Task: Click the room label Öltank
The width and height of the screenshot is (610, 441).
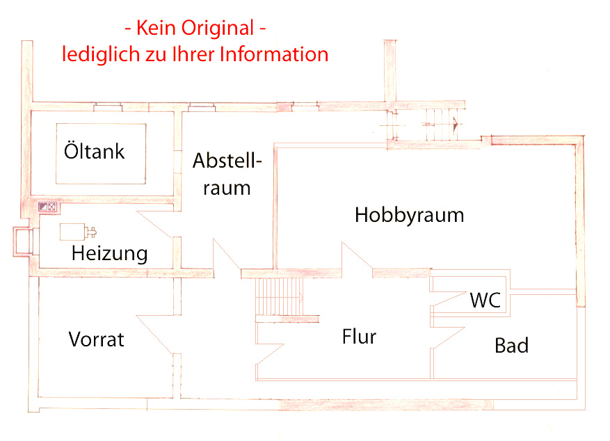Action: [x=94, y=151]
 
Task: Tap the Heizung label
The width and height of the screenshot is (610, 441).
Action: [x=110, y=253]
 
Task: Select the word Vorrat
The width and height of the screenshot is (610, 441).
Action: [x=97, y=339]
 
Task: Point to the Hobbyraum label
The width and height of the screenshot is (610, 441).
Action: [x=409, y=215]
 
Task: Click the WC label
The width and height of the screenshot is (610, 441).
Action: [x=485, y=301]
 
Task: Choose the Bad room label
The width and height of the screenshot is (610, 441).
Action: [x=511, y=345]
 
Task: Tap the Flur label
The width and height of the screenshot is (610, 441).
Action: [x=359, y=337]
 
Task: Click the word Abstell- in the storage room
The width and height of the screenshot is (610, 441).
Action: [x=227, y=161]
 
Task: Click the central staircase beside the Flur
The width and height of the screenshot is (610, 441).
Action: [x=280, y=297]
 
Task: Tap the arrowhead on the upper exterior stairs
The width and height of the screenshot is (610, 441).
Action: [x=456, y=125]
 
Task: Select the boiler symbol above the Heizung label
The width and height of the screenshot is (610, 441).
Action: [x=77, y=232]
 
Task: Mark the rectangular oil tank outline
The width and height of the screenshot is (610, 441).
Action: [x=101, y=154]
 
